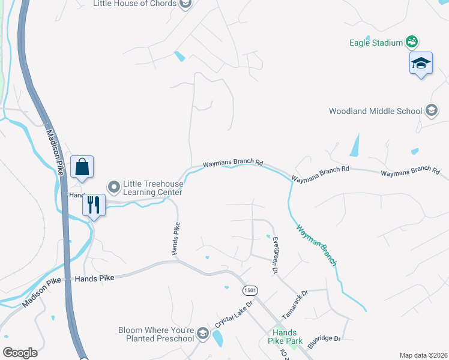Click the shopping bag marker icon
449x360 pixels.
point(82,167)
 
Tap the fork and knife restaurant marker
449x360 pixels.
point(93,205)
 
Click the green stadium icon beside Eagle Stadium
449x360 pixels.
point(412,42)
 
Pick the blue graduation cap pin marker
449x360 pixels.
point(421,64)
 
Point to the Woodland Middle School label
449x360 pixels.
point(375,111)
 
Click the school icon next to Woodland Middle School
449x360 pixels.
point(430,110)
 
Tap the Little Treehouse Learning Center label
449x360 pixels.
point(152,188)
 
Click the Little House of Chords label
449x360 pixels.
point(135,4)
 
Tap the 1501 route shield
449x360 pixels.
point(250,290)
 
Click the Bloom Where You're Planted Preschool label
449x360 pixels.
point(156,334)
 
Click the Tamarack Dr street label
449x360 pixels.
point(295,304)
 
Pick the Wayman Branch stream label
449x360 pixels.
point(316,245)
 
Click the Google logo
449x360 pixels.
point(20,352)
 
